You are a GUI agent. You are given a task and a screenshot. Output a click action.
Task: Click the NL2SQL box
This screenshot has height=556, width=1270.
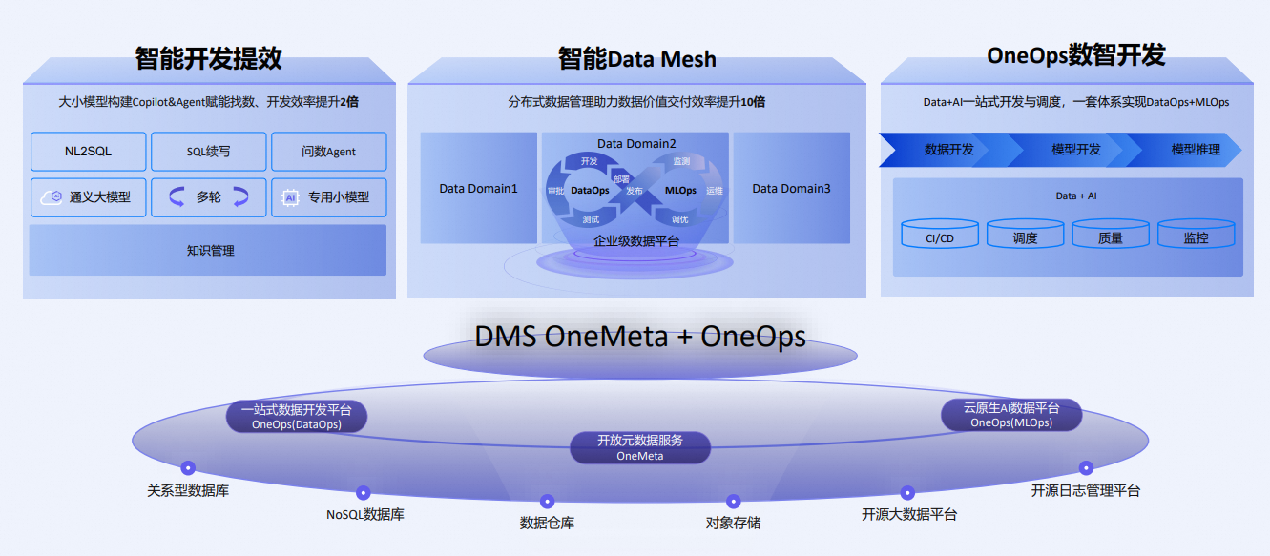coord(89,152)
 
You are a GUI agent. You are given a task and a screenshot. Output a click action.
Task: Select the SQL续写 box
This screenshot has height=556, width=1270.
coord(209,152)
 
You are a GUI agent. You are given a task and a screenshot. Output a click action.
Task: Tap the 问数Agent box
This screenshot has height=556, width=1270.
coord(329,152)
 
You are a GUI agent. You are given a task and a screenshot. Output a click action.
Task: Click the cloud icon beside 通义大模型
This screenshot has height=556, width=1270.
coord(52,197)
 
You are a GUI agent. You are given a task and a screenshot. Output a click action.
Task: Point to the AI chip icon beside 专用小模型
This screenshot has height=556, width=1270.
coord(290,197)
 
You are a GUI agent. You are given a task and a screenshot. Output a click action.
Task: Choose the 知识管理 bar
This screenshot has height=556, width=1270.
coord(208,250)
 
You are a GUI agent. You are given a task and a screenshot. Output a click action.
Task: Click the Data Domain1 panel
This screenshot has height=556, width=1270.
coord(479,188)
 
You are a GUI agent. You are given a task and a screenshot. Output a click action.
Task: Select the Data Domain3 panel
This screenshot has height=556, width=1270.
coord(791,188)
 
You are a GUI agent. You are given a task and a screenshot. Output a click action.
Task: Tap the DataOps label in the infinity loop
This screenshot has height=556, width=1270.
coord(590,191)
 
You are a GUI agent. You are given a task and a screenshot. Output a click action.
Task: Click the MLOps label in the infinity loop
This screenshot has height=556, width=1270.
coord(680,191)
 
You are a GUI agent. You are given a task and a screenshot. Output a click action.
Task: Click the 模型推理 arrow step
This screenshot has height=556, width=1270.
coord(1184,150)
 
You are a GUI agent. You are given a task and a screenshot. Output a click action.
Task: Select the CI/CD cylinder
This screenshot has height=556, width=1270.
coord(940,234)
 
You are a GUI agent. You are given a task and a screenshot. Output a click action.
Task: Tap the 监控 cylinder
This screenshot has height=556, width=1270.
coord(1197,234)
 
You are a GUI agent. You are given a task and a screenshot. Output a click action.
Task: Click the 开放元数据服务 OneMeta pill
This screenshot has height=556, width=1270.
coord(640,447)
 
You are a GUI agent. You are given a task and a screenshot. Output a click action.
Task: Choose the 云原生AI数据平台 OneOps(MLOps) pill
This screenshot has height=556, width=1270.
coord(1011,415)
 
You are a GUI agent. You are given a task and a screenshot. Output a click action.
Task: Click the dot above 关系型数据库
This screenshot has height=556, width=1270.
coord(188,467)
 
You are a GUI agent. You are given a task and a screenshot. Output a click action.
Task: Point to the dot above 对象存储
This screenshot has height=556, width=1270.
coord(733,501)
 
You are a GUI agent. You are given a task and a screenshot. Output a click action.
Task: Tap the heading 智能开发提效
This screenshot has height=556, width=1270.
coord(209,58)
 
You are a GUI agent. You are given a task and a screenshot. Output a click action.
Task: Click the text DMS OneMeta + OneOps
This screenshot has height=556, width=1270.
coord(640,336)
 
